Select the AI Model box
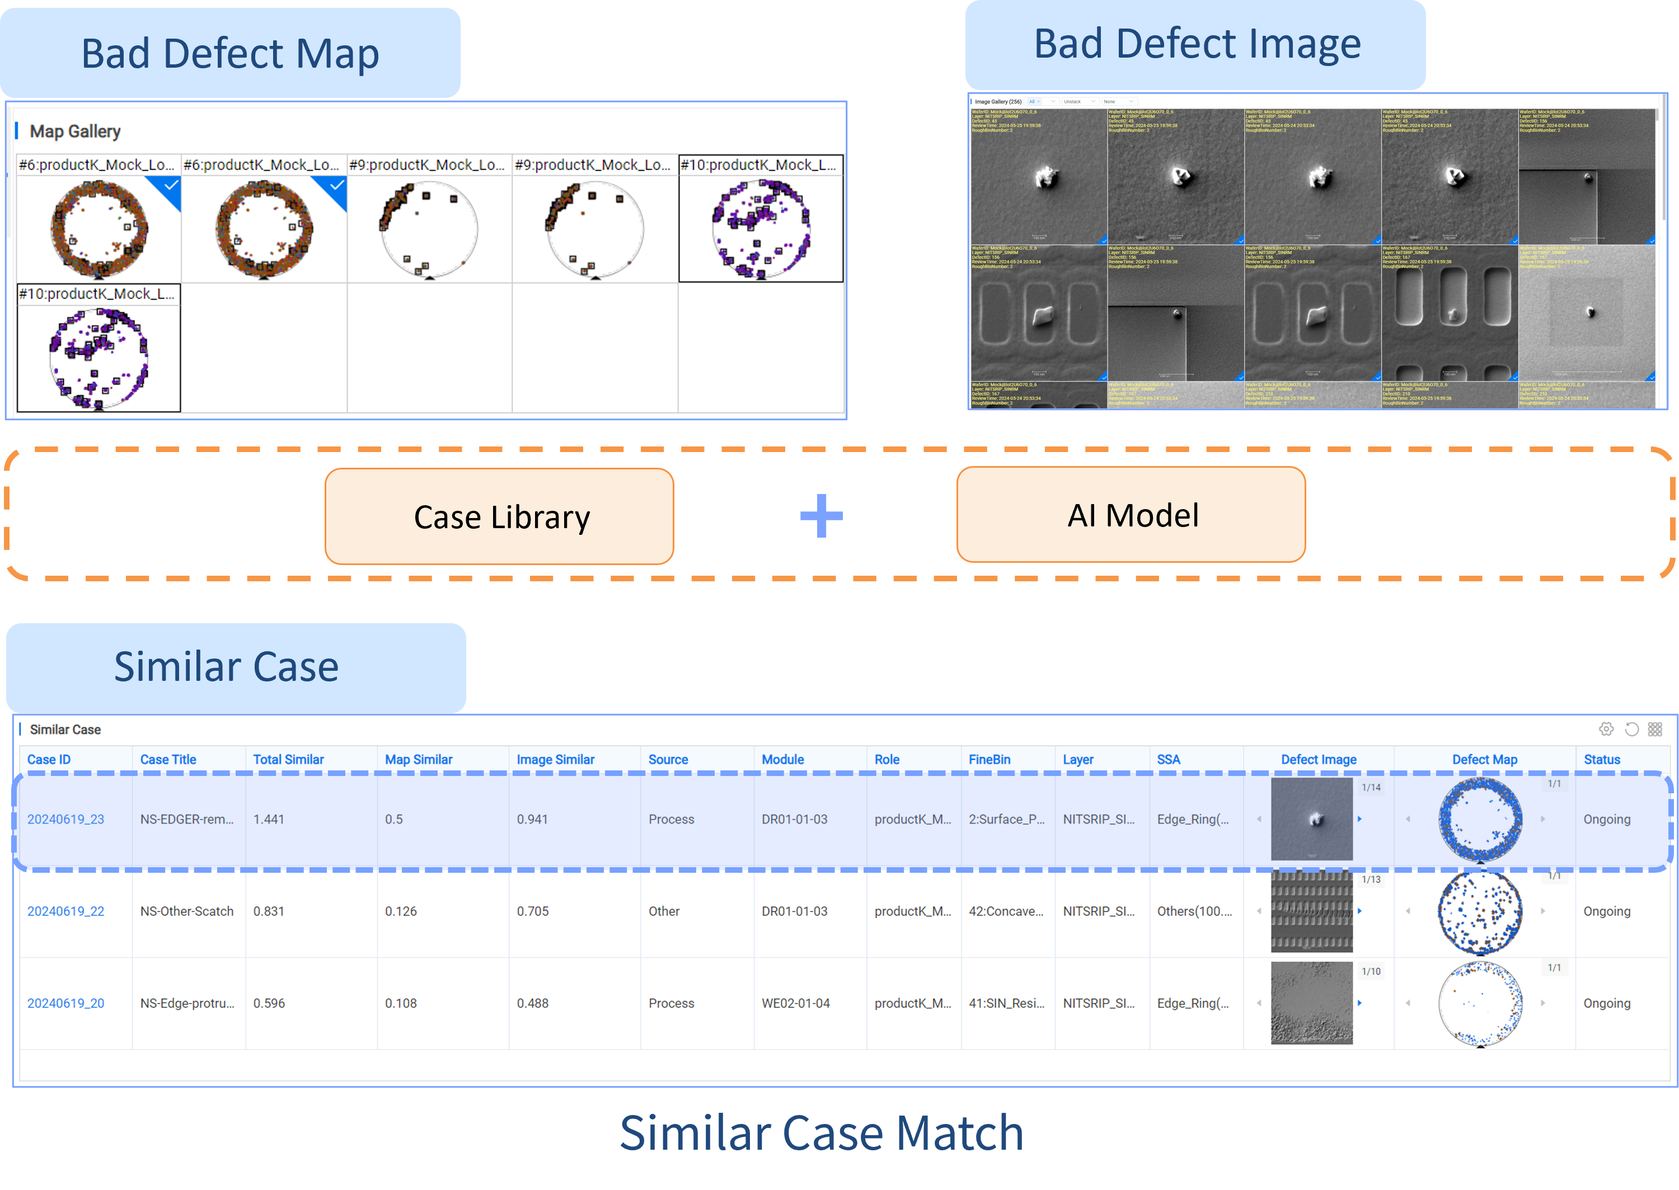coord(1131,515)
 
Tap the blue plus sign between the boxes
coord(821,516)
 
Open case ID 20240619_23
coord(65,819)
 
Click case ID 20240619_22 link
coord(65,911)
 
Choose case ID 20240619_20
coord(65,1003)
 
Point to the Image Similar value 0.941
coord(532,819)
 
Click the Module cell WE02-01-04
coord(795,1003)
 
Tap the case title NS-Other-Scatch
coord(187,911)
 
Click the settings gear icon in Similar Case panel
coord(1606,729)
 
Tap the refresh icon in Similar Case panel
coord(1631,729)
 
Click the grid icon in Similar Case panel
coord(1655,729)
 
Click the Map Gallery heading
coord(75,131)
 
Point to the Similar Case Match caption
coord(821,1133)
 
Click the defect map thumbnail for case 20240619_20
coord(1480,1003)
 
